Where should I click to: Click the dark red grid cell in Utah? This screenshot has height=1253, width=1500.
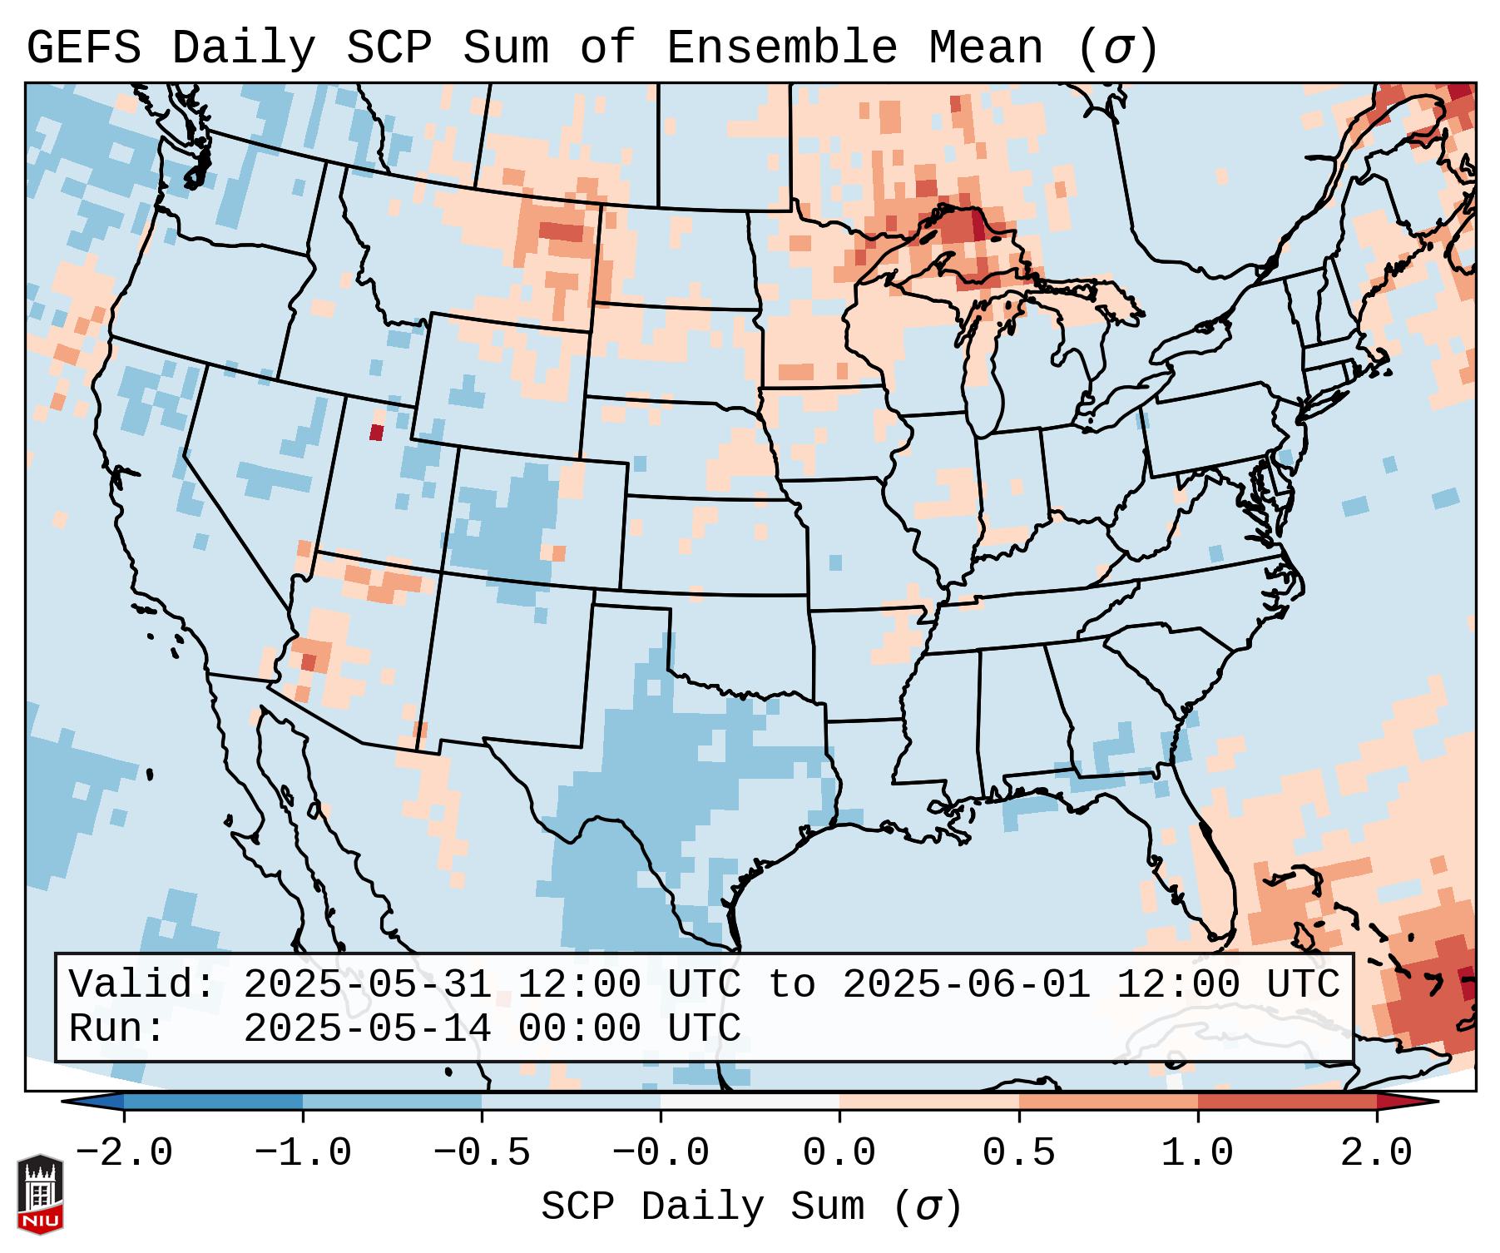point(376,432)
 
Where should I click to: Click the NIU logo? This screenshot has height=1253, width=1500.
point(40,1193)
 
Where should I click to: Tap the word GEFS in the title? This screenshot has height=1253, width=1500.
point(83,48)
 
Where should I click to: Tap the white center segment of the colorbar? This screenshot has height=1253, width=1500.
point(750,1102)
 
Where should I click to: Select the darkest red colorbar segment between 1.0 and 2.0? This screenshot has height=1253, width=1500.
point(1287,1102)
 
